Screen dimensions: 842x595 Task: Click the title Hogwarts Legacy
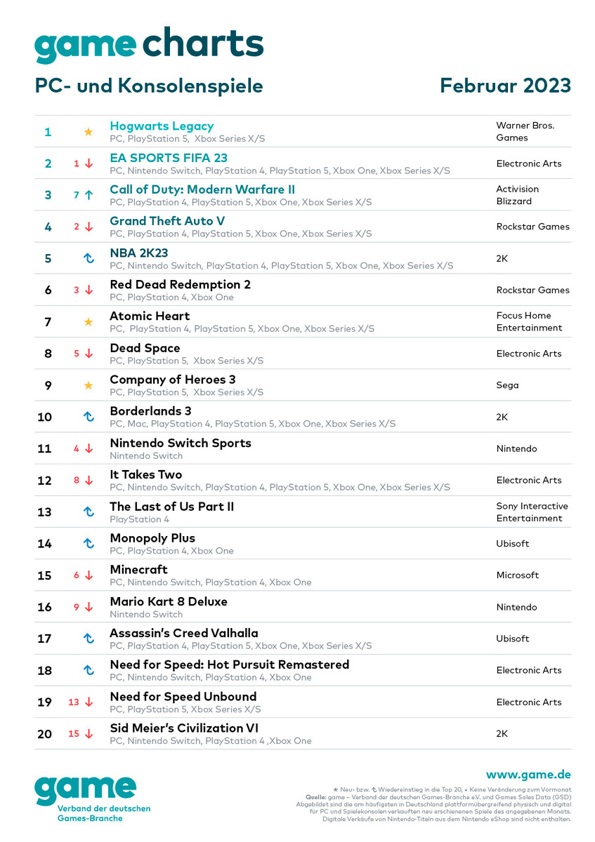162,126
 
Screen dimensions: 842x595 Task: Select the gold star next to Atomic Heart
89,322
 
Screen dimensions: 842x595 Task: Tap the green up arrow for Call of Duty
89,195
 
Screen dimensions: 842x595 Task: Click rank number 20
44,734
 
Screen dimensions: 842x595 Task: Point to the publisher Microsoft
517,575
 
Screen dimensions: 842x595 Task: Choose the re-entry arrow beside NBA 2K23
89,258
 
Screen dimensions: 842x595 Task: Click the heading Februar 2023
505,86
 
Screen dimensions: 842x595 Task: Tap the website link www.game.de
528,775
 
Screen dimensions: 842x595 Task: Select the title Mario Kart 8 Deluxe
169,601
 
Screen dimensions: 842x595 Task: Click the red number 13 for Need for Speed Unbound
74,702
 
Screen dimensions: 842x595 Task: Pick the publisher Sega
507,385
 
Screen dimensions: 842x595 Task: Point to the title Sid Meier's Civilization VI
184,728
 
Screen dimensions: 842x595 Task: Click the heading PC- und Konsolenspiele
149,86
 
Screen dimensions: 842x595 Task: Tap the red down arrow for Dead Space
89,354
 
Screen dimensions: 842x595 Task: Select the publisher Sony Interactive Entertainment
532,512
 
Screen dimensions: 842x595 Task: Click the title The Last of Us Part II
172,507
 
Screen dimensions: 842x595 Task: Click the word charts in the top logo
203,44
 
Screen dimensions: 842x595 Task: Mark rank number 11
44,448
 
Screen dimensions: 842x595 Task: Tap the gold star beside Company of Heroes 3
89,385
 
